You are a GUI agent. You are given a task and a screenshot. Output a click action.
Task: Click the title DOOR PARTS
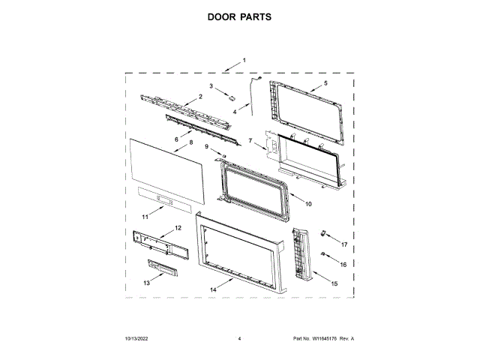pos(239,16)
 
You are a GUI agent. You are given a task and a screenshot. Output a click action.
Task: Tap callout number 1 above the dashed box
pos(244,60)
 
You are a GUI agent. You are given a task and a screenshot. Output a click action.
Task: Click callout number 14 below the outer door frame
pos(213,289)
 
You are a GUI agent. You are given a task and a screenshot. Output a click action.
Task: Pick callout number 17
pos(344,244)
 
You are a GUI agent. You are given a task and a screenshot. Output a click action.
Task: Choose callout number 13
pos(146,283)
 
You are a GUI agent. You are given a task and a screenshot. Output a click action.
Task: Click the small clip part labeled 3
pos(232,98)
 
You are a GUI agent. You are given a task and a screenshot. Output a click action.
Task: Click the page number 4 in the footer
pos(238,339)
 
